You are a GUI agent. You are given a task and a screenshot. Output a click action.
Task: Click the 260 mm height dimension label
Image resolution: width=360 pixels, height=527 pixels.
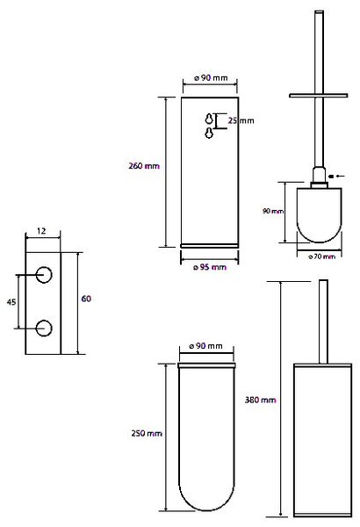point(144,166)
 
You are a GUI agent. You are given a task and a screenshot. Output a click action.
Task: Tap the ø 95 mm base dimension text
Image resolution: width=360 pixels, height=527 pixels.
point(210,267)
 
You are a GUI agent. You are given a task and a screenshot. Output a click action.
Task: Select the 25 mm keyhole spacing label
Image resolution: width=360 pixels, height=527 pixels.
point(241,120)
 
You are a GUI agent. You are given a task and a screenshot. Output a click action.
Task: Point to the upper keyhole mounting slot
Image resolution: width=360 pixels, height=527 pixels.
point(209,119)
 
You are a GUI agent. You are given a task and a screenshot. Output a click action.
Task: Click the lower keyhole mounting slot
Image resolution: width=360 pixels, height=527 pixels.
point(209,134)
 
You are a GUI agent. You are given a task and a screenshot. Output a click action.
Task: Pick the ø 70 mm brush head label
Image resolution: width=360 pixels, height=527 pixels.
point(321,256)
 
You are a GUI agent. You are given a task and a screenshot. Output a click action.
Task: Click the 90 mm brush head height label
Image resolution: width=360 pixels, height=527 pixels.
point(273,211)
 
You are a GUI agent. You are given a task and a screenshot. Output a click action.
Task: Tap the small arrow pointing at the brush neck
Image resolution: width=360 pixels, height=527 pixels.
point(336,176)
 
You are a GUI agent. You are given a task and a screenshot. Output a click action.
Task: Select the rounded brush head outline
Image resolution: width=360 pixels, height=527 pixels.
point(319,242)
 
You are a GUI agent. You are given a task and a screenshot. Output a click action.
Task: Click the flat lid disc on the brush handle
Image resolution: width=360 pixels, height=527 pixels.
point(319,96)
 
